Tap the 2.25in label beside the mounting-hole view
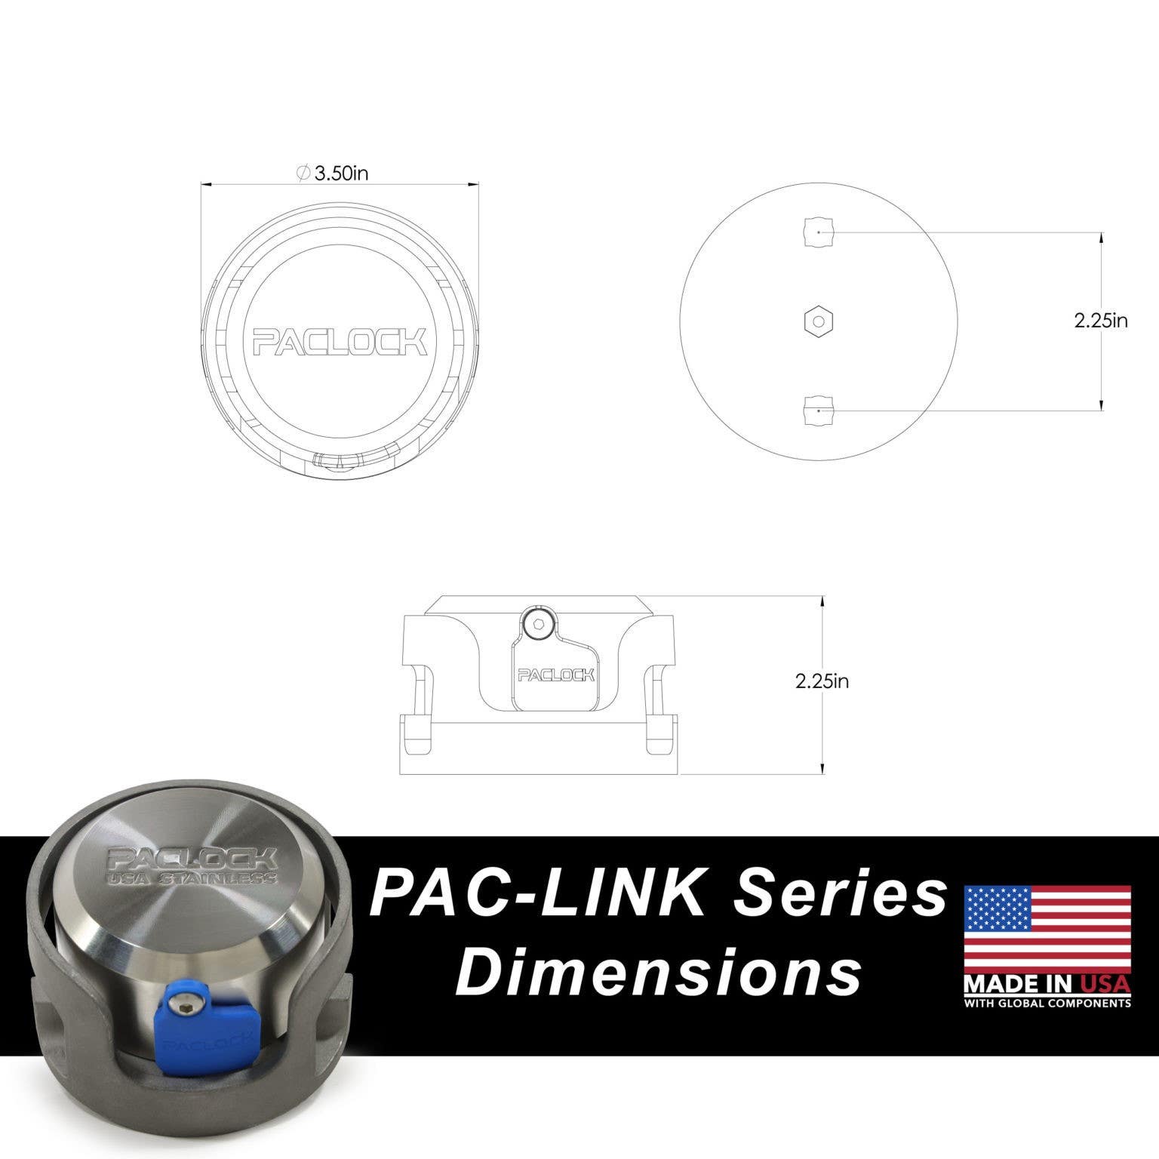click(1101, 321)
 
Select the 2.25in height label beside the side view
click(822, 681)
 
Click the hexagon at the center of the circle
click(818, 321)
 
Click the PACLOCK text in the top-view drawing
click(340, 341)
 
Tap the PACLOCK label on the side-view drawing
click(555, 675)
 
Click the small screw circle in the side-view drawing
click(538, 623)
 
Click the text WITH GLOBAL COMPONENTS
click(1047, 1003)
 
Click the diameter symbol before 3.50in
click(303, 174)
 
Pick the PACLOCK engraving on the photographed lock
click(192, 859)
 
